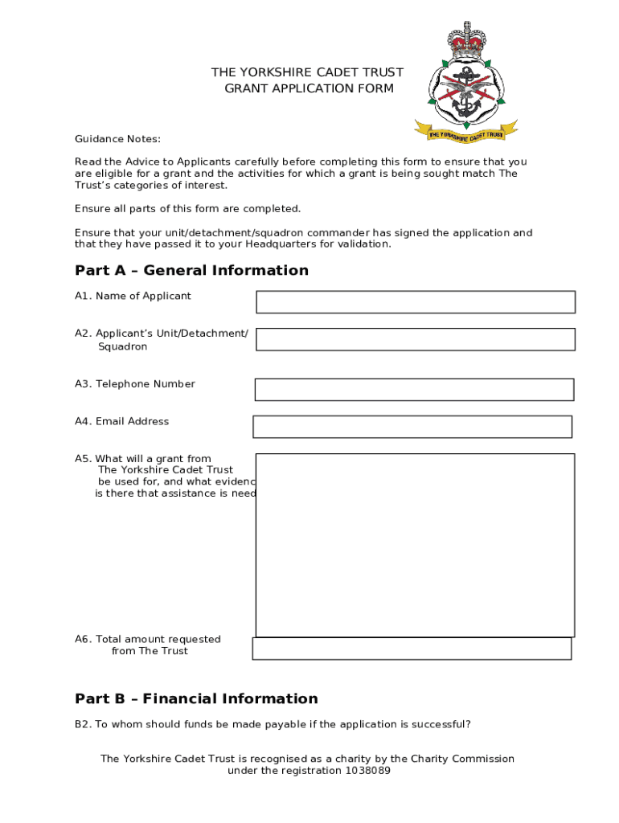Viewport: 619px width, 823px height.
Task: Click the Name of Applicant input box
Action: (416, 302)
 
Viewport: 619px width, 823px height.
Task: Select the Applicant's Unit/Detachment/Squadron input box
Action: (416, 339)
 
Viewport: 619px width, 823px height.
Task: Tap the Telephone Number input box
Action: (414, 390)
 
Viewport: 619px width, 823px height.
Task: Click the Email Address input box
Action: (412, 427)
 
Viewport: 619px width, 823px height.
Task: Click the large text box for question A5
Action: (415, 545)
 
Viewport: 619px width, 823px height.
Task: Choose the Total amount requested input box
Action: (412, 649)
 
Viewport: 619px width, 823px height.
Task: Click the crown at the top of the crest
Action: (466, 39)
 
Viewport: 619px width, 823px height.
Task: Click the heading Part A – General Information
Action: (191, 270)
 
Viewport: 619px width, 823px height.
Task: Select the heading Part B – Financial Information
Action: (196, 698)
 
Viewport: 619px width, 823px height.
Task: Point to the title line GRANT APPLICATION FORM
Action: (309, 88)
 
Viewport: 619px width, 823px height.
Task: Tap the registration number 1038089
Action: (367, 771)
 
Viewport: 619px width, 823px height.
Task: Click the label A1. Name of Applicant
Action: (133, 296)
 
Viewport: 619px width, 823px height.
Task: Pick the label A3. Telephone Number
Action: (134, 384)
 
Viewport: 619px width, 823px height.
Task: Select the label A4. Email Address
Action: (121, 421)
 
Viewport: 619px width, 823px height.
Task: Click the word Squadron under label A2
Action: (122, 346)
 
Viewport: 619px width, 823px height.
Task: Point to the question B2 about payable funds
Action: (273, 724)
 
